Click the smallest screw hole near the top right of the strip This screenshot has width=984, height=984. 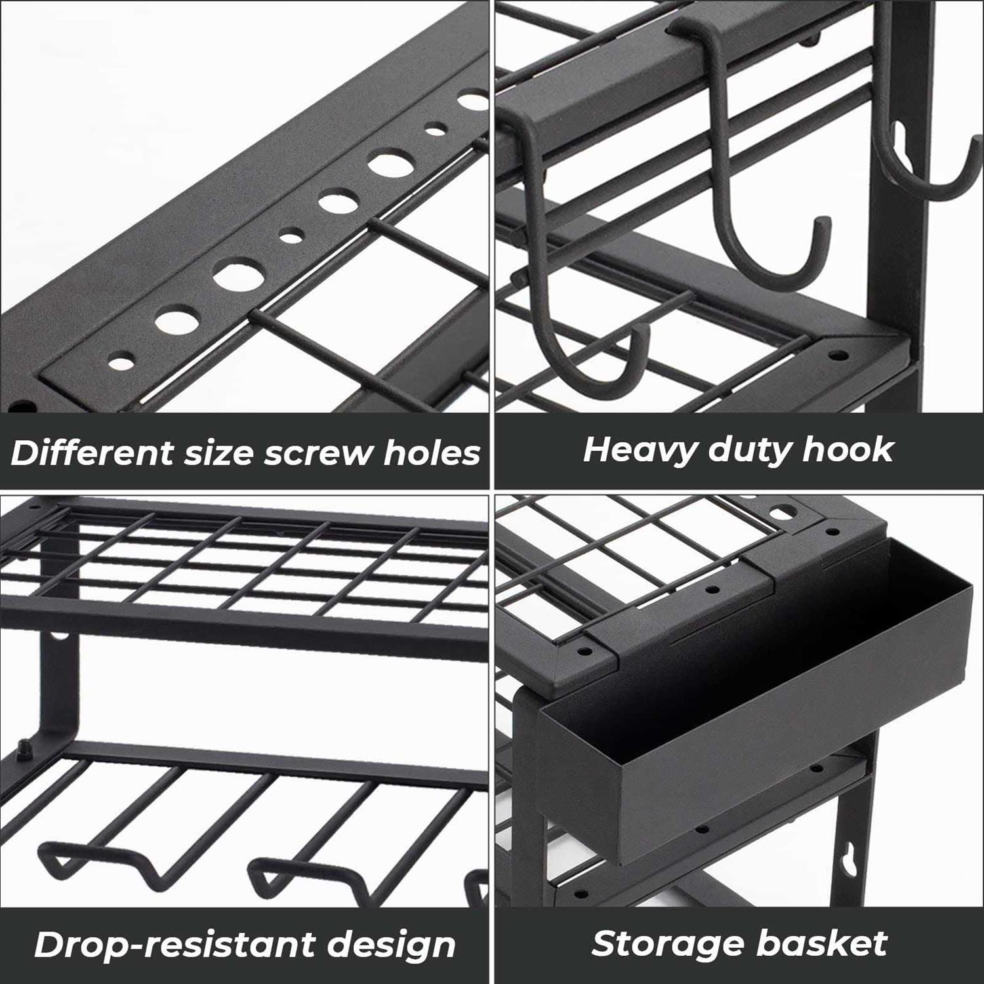tap(433, 129)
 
